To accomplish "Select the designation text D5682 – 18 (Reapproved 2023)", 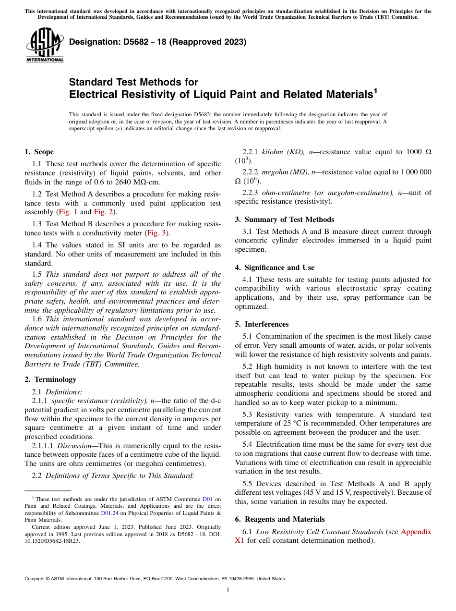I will [157, 42].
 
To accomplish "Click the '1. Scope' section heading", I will [39, 152].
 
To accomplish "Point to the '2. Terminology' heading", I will [50, 379].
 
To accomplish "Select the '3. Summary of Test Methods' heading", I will [284, 220].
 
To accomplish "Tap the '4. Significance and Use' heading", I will [275, 268].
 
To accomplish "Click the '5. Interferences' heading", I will [262, 324].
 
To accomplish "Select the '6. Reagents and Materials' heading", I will [280, 519].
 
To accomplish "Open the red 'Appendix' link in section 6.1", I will [416, 532].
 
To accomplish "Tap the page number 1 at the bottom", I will [228, 590].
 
